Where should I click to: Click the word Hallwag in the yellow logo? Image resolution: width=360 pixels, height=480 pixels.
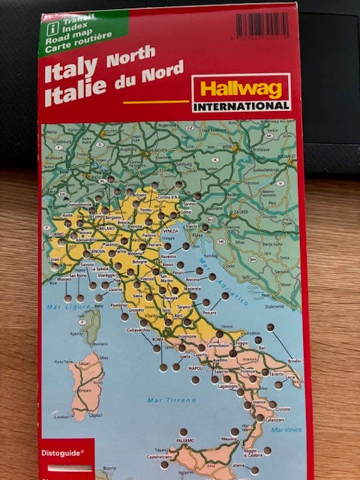(240, 87)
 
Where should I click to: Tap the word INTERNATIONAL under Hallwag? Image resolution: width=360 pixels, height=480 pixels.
(241, 106)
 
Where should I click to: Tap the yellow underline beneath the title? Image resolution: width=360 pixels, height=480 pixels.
(155, 101)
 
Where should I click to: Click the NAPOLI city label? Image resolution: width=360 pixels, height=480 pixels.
(196, 369)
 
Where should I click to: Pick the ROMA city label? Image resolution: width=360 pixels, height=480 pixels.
(157, 340)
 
